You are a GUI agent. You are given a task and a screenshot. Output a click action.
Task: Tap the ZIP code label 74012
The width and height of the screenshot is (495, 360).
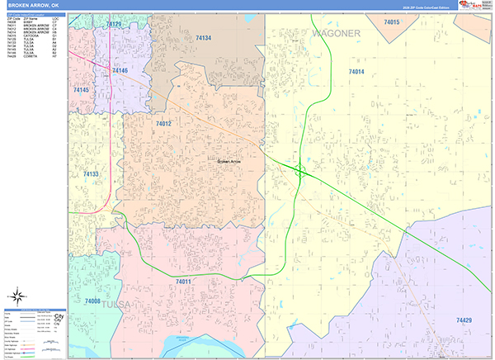pyautogui.click(x=163, y=124)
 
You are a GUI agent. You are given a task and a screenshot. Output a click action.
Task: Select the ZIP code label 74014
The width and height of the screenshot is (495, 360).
pyautogui.click(x=356, y=73)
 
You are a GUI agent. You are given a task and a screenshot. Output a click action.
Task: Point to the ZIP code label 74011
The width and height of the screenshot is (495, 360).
pyautogui.click(x=184, y=282)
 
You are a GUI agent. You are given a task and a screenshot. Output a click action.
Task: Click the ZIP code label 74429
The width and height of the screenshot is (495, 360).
pyautogui.click(x=464, y=319)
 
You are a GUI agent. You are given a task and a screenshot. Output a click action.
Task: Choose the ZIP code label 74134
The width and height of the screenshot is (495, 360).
pyautogui.click(x=203, y=38)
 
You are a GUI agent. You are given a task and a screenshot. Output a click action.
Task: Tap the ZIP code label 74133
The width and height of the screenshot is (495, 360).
pyautogui.click(x=91, y=174)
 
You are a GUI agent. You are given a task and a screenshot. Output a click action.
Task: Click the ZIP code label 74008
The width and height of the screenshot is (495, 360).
pyautogui.click(x=91, y=302)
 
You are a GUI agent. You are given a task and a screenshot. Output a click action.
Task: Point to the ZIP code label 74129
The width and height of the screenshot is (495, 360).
pyautogui.click(x=114, y=25)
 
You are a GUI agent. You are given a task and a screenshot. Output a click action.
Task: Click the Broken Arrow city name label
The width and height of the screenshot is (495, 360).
pyautogui.click(x=230, y=162)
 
